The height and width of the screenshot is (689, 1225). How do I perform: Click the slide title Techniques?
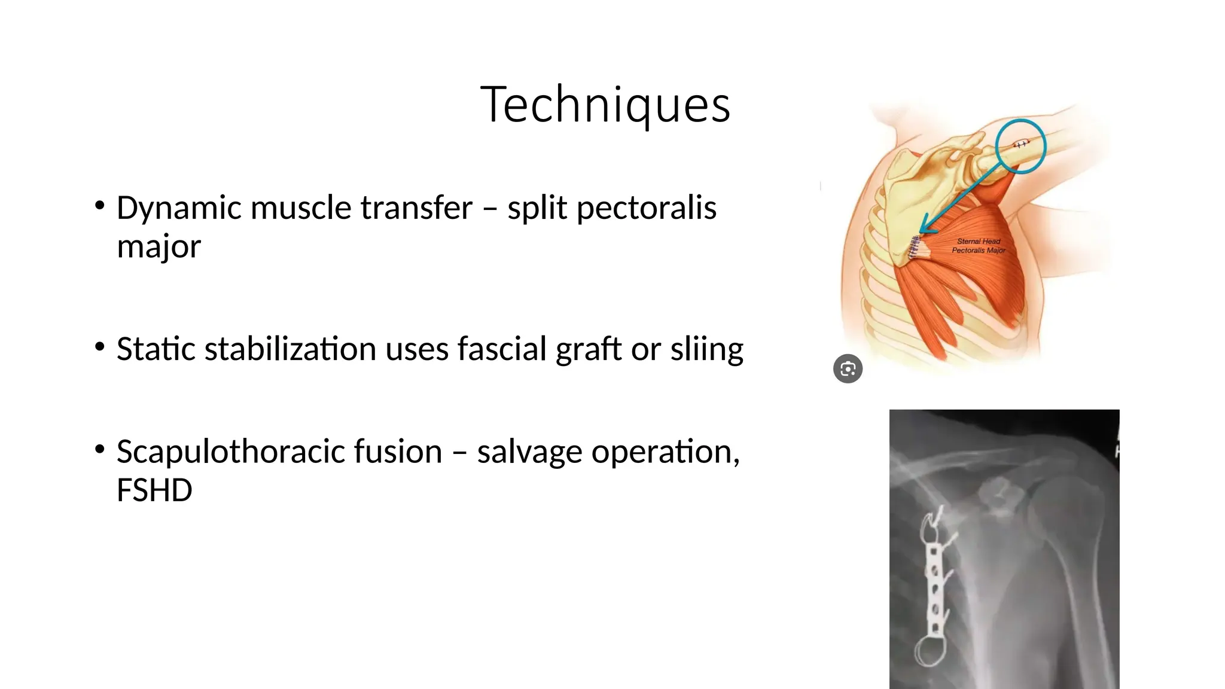pyautogui.click(x=605, y=105)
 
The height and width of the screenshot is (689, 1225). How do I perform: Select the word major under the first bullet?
pyautogui.click(x=159, y=246)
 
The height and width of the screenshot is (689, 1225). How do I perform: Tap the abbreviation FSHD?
pyautogui.click(x=154, y=490)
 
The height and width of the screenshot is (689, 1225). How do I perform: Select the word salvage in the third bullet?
pyautogui.click(x=529, y=452)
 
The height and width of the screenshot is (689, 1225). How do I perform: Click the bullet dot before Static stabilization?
pyautogui.click(x=100, y=347)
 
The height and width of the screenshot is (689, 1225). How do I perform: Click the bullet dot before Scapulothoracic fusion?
pyautogui.click(x=100, y=449)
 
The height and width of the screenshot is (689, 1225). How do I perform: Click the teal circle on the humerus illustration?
pyautogui.click(x=1020, y=145)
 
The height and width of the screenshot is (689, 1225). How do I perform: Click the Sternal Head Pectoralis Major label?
pyautogui.click(x=979, y=246)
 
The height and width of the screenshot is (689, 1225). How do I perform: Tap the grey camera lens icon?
pyautogui.click(x=848, y=368)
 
